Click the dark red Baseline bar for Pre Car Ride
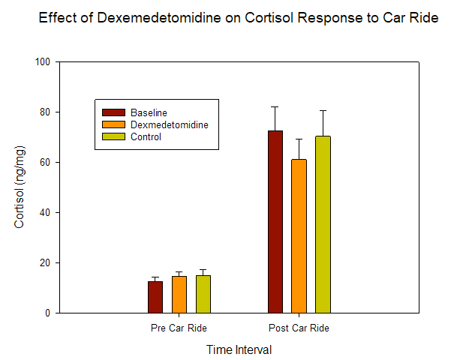click(155, 297)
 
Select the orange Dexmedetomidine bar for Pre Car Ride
click(179, 295)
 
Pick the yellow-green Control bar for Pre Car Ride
click(203, 294)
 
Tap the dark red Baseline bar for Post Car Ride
click(275, 222)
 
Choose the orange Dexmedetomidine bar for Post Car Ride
click(299, 236)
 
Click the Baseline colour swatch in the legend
click(113, 112)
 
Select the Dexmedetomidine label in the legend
click(169, 124)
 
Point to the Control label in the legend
click(146, 136)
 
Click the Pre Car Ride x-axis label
click(179, 328)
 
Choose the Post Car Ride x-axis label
click(299, 328)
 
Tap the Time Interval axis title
click(239, 349)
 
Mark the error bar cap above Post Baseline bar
click(275, 107)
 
